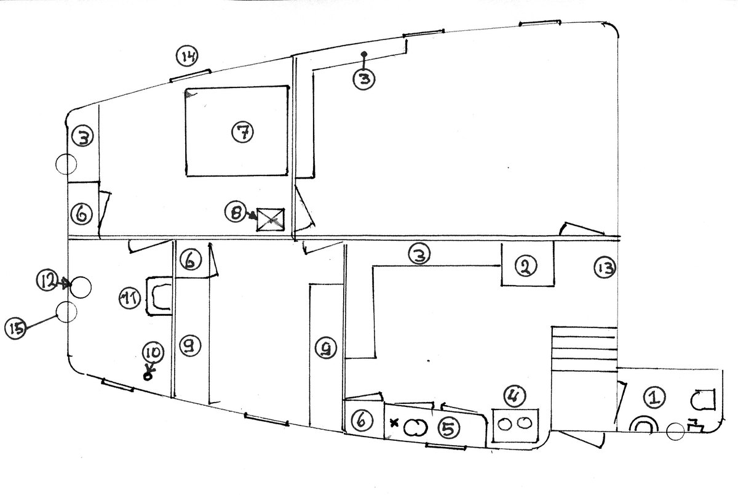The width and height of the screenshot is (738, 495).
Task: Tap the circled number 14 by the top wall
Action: click(188, 57)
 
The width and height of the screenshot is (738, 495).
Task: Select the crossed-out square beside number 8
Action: click(271, 219)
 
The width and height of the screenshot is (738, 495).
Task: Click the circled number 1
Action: click(654, 398)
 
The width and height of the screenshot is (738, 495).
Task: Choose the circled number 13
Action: click(605, 267)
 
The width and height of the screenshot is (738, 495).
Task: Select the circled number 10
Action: click(153, 353)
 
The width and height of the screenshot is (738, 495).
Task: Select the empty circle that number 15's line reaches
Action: click(66, 311)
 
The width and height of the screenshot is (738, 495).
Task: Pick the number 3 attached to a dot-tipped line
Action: click(363, 80)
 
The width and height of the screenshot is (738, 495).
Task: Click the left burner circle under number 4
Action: click(508, 424)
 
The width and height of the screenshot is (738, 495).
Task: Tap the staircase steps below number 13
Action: click(583, 350)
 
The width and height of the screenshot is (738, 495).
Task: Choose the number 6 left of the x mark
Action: click(362, 421)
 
